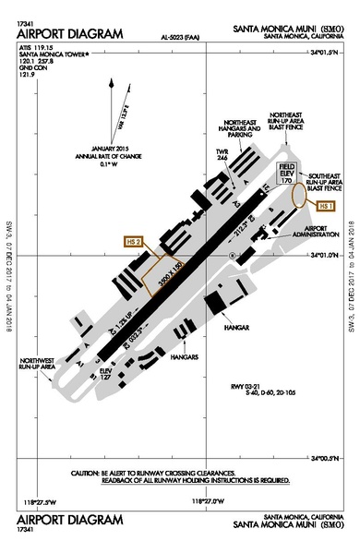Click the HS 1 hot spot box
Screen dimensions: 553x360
click(x=325, y=205)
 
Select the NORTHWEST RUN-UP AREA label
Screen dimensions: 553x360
click(x=41, y=365)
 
